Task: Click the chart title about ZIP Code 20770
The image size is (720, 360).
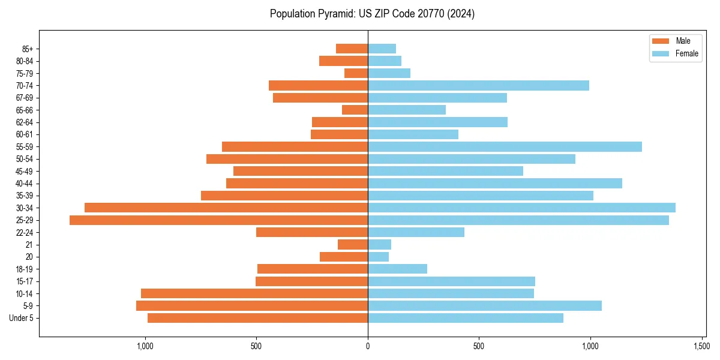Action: click(372, 14)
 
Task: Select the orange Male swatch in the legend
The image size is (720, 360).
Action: click(660, 41)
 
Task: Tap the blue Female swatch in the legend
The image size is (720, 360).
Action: click(660, 53)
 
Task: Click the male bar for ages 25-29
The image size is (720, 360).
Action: click(218, 220)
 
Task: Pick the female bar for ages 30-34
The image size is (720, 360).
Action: click(521, 208)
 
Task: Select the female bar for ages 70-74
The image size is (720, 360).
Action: click(478, 86)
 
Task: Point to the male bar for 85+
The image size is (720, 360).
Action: click(352, 49)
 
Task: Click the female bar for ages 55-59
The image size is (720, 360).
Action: click(505, 147)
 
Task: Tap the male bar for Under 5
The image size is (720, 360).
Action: click(257, 318)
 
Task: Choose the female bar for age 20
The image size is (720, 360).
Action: click(378, 257)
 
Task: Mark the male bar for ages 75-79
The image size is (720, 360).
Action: click(356, 74)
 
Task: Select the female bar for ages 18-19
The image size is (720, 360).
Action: click(397, 269)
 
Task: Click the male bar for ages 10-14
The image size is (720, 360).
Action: click(254, 293)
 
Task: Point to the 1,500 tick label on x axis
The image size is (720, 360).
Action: click(702, 346)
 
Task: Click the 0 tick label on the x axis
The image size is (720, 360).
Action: click(368, 346)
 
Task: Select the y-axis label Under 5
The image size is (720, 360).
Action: click(21, 318)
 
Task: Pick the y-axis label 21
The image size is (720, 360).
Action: click(29, 245)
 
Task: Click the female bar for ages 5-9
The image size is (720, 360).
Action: click(485, 306)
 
